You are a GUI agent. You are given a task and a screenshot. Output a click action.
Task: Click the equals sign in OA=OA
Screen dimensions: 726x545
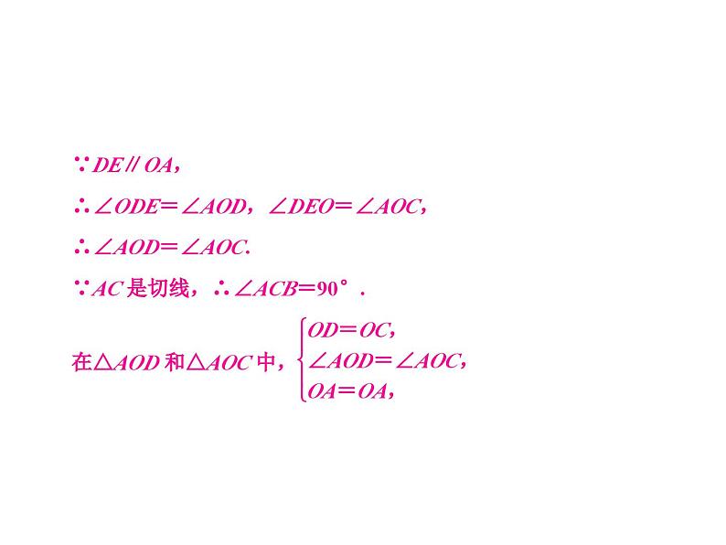pos(349,391)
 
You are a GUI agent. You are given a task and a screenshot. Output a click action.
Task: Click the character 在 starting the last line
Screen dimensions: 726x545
pos(80,362)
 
